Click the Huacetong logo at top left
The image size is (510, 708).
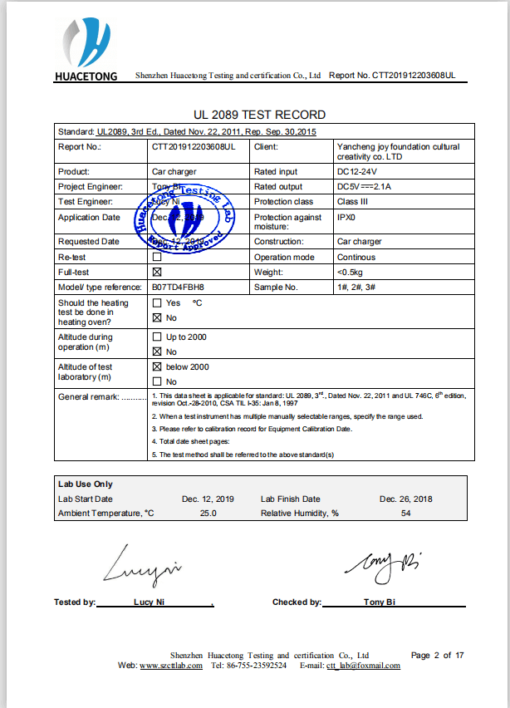86,49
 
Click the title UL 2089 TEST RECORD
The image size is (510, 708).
259,115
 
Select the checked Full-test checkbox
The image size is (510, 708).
156,272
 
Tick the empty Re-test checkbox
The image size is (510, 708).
156,258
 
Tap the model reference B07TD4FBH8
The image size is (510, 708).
178,287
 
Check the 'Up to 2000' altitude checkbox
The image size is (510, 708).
156,337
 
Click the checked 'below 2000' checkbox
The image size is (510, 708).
156,366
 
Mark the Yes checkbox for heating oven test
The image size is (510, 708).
156,303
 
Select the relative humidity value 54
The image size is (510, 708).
406,514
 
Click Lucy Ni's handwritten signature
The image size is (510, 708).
141,566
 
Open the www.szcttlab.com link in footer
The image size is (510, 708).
171,666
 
